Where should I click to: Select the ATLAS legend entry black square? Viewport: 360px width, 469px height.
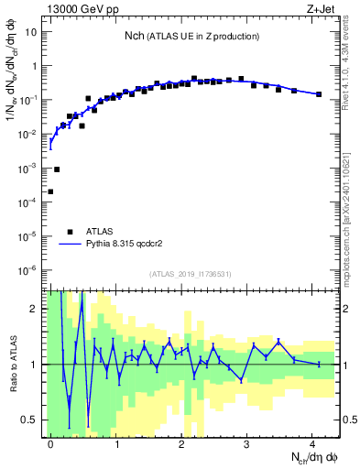70,232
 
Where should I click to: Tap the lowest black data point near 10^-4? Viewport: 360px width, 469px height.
50,191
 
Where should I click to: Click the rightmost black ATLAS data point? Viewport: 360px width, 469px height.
319,94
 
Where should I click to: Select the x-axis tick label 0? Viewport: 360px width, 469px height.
50,442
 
